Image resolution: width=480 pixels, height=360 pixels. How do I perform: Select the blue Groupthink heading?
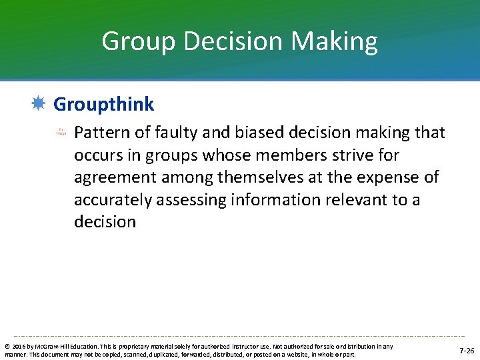tap(103, 104)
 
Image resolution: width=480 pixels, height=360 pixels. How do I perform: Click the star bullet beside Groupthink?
tap(38, 103)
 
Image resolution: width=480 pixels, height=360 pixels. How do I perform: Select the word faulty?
tap(170, 133)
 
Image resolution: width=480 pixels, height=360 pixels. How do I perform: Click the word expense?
tap(387, 177)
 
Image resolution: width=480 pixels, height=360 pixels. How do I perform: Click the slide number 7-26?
tap(467, 350)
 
